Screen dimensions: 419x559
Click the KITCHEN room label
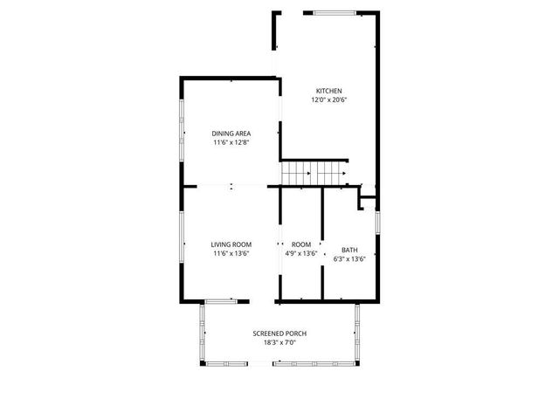[x=328, y=91]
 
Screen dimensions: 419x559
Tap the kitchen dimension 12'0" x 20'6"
[x=328, y=100]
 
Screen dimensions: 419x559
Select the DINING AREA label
[x=231, y=133]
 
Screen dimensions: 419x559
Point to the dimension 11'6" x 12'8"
[x=231, y=142]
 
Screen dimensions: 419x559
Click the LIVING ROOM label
[x=231, y=244]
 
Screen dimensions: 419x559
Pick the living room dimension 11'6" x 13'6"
[x=231, y=254]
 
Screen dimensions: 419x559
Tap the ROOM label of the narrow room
[x=301, y=244]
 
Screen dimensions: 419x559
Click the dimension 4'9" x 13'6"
[x=301, y=254]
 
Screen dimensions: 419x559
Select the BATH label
[x=349, y=249]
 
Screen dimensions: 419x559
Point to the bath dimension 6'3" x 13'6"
[x=349, y=258]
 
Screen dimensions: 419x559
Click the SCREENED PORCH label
[x=279, y=333]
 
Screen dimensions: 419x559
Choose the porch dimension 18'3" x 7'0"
[x=279, y=343]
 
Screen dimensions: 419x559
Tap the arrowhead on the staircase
[x=345, y=173]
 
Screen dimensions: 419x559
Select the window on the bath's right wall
[x=377, y=223]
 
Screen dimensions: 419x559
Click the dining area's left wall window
[x=182, y=122]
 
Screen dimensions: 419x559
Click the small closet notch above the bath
[x=368, y=203]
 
